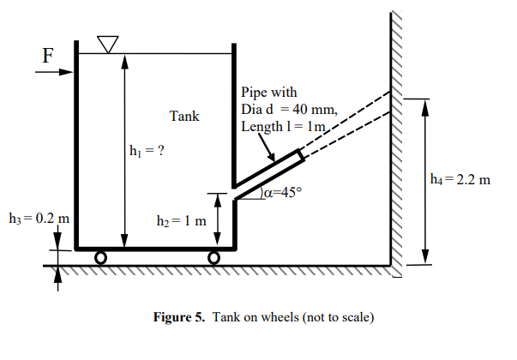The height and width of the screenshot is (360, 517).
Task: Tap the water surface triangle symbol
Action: click(107, 44)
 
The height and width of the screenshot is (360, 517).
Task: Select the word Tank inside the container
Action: click(183, 117)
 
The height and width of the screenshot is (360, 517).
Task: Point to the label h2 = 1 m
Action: click(181, 221)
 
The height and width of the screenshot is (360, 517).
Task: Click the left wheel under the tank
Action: click(100, 257)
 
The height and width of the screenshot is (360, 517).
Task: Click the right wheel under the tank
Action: click(213, 257)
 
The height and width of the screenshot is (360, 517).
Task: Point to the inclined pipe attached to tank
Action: click(268, 171)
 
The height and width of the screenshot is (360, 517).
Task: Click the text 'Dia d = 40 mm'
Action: click(290, 110)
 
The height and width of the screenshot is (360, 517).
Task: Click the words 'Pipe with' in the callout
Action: click(269, 93)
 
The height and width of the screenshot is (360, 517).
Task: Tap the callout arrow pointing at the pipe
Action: click(266, 148)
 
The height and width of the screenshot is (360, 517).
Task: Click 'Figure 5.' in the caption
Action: click(177, 318)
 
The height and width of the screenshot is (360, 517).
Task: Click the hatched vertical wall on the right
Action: click(396, 137)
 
